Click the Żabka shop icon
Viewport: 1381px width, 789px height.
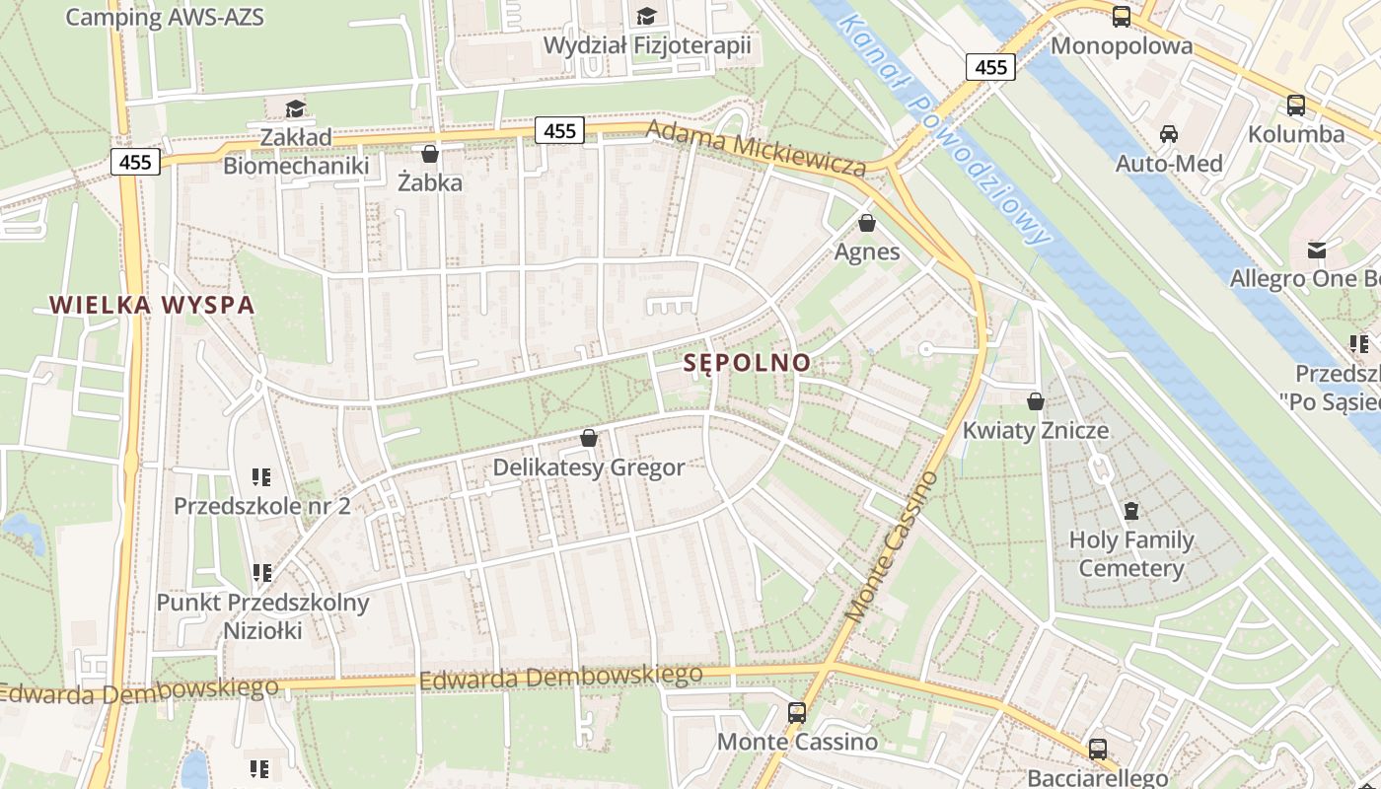(429, 154)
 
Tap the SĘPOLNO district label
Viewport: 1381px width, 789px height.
(748, 363)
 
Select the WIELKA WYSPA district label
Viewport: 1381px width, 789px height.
(153, 305)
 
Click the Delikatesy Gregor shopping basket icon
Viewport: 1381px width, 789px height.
(589, 438)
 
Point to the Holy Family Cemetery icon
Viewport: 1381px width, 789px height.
(1130, 511)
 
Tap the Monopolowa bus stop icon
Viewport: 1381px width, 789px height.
(1122, 17)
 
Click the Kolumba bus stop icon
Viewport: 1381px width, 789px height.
(1296, 106)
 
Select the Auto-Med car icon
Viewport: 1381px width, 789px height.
(1169, 134)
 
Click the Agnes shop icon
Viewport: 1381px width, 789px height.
(867, 224)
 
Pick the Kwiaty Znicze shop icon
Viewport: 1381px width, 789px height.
(1036, 401)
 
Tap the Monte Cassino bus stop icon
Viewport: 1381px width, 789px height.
(796, 712)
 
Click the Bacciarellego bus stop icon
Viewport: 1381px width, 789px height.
(1098, 750)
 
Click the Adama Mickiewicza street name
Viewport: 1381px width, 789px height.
(757, 149)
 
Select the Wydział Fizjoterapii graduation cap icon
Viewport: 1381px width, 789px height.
(647, 16)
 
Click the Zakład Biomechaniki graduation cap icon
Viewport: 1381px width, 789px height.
(295, 108)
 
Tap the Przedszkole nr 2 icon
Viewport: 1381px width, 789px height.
(261, 477)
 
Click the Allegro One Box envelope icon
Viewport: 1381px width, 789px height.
(1317, 251)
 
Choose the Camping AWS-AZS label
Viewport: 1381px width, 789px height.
(165, 17)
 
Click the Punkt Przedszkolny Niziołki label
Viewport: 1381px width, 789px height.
(262, 616)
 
